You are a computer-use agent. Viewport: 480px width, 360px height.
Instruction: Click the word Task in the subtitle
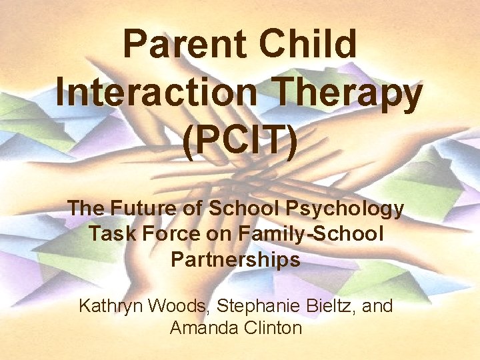(110, 234)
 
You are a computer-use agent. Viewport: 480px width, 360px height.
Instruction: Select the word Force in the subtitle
(166, 234)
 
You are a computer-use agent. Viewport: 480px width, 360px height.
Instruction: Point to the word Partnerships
(235, 259)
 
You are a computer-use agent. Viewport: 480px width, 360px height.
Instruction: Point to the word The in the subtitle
(85, 209)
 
